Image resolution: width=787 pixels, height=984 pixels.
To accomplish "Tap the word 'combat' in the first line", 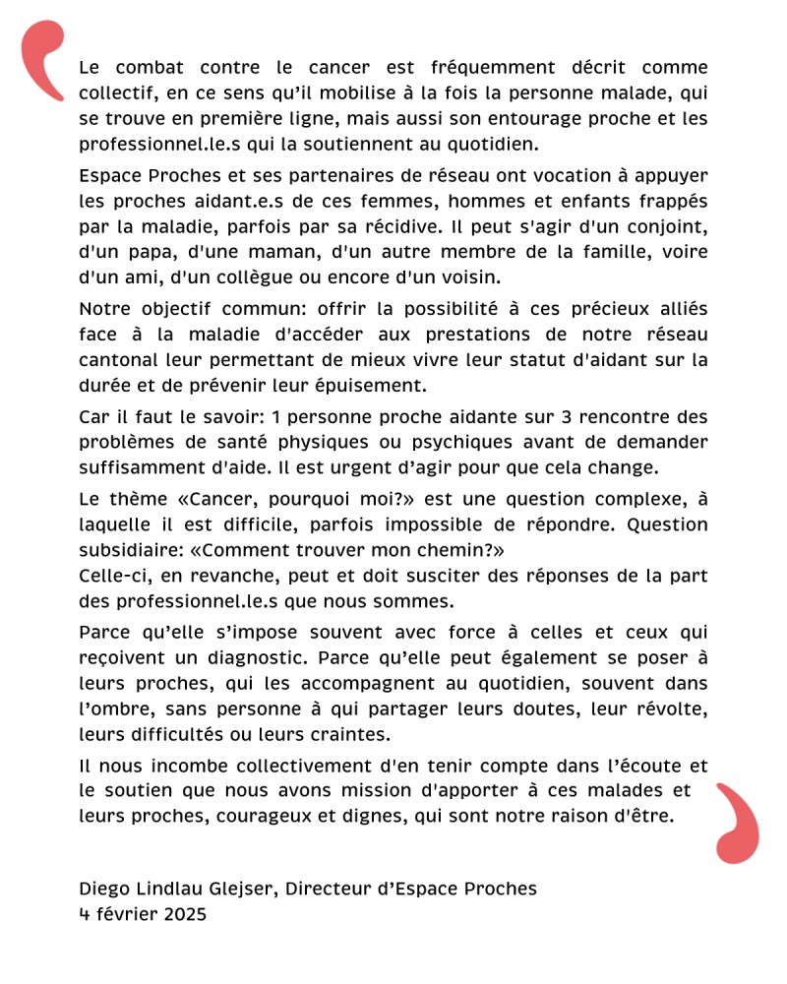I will coord(150,69).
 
